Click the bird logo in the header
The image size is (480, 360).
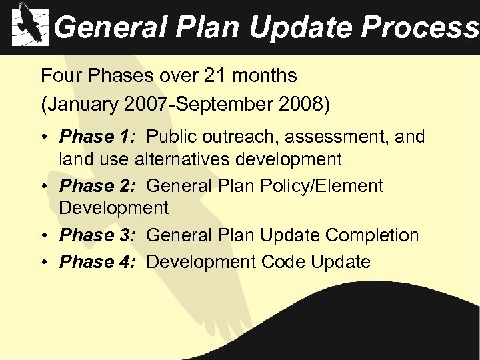click(x=31, y=25)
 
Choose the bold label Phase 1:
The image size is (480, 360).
click(x=97, y=137)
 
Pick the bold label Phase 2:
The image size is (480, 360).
click(x=97, y=186)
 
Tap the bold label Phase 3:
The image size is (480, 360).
click(x=97, y=235)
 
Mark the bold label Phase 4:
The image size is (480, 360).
click(x=97, y=262)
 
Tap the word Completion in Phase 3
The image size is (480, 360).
click(x=372, y=235)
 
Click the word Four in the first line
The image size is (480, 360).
click(x=59, y=76)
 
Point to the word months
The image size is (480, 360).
click(x=265, y=76)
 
